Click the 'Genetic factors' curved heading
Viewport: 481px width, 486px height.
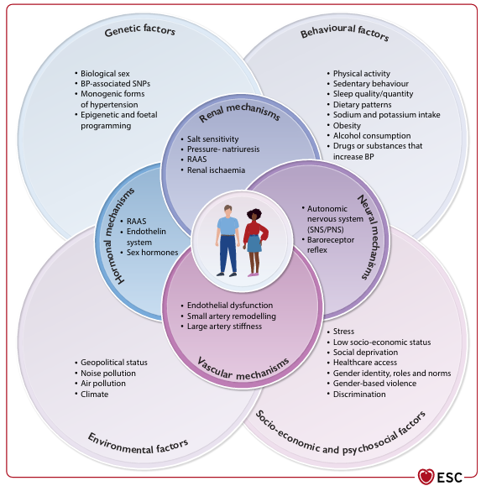point(140,30)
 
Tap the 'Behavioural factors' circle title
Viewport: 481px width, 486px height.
point(345,32)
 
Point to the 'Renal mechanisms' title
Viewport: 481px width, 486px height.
point(239,112)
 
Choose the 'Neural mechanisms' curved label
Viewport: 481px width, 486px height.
point(369,237)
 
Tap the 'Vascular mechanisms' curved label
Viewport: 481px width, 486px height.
point(243,370)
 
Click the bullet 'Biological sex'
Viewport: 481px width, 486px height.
point(105,74)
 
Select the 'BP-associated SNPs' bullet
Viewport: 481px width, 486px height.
point(115,84)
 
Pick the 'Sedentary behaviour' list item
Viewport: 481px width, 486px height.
point(371,84)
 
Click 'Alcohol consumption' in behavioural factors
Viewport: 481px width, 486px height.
point(372,136)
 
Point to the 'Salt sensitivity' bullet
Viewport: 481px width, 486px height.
point(212,138)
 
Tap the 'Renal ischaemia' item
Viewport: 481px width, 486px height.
point(216,170)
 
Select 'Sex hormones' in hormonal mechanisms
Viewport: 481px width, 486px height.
point(152,253)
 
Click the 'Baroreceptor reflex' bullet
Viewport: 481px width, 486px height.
point(331,245)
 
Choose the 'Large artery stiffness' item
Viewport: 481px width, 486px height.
point(224,326)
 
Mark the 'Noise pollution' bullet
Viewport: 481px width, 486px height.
point(108,374)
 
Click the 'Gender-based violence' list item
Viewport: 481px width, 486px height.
point(374,384)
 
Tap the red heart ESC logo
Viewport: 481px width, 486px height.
point(426,476)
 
